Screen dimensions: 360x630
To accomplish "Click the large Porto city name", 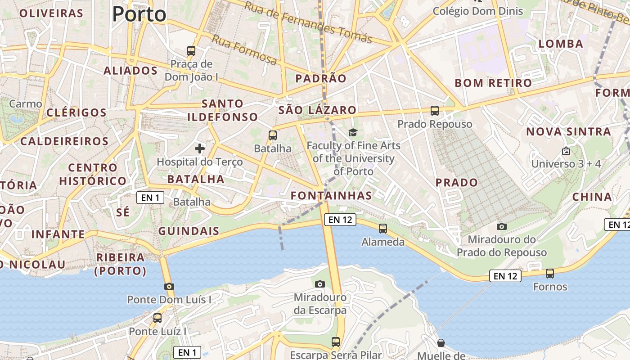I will (139, 14).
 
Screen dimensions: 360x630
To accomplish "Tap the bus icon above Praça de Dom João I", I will (191, 50).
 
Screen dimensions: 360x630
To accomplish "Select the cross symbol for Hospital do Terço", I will (200, 148).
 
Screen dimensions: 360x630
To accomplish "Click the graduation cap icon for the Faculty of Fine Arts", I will (353, 132).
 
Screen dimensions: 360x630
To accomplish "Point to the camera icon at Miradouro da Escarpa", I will (320, 284).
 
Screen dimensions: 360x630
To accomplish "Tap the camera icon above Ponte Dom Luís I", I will (169, 286).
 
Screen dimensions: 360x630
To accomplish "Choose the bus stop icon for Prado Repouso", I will (434, 110).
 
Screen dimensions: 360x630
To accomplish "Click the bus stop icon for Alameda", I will (382, 229).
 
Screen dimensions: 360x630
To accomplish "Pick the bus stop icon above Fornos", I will (549, 273).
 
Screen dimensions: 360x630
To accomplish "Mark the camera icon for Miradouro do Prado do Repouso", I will (501, 226).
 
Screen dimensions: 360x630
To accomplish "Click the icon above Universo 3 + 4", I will (566, 151).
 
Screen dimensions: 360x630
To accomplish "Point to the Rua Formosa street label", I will (244, 50).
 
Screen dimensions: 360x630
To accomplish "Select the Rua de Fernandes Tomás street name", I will (308, 22).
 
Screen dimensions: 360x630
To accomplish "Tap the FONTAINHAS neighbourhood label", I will (331, 195).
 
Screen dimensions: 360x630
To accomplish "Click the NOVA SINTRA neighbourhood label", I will (569, 132).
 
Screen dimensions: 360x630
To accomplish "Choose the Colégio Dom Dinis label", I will (478, 11).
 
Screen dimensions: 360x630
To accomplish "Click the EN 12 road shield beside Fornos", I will (505, 276).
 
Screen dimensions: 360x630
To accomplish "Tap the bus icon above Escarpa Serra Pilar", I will (336, 342).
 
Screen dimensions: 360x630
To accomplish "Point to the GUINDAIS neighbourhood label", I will (189, 231).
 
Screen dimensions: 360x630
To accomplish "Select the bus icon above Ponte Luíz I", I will (157, 318).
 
